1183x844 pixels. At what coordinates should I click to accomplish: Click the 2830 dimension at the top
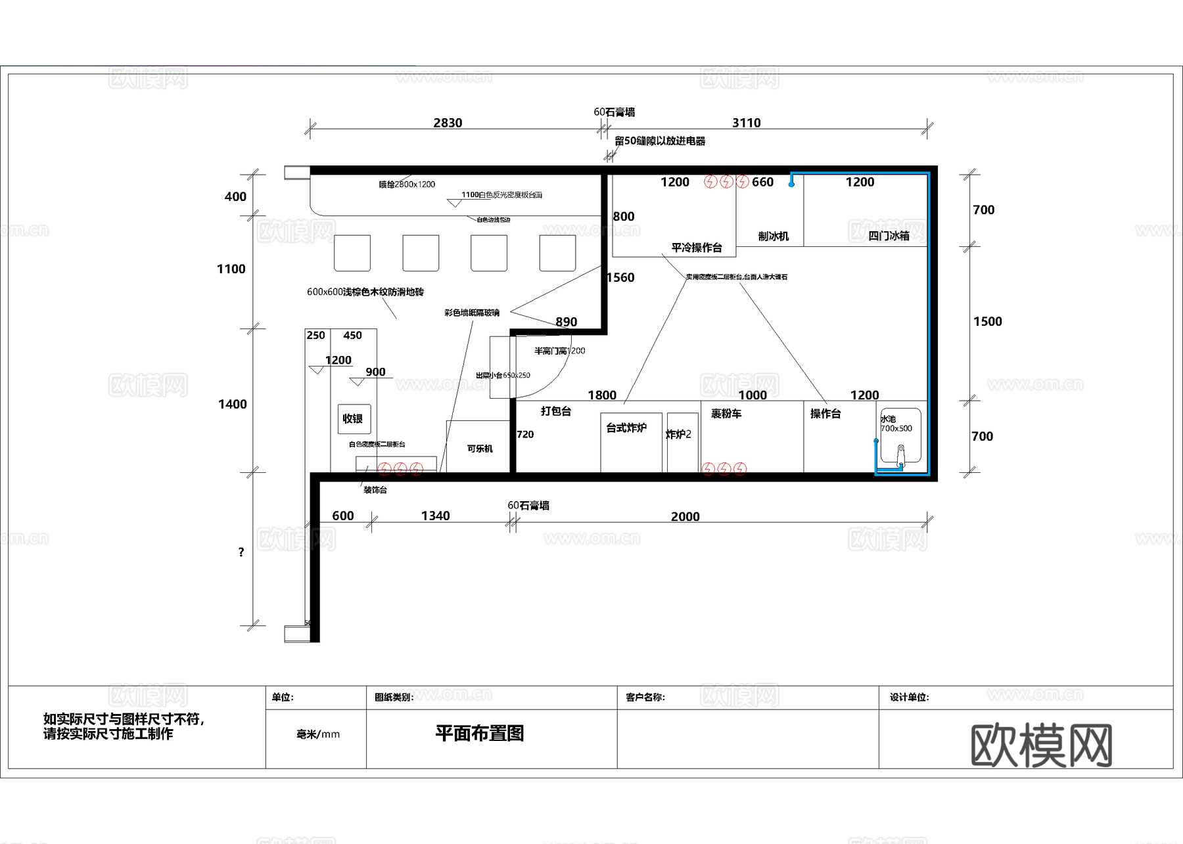(x=448, y=123)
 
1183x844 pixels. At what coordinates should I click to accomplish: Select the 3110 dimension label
(x=746, y=123)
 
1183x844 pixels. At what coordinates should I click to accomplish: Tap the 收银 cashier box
(x=353, y=418)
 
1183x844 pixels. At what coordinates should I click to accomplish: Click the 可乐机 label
(x=480, y=449)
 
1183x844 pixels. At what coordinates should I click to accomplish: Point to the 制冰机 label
(x=773, y=236)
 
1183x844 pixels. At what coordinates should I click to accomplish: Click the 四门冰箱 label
(x=889, y=236)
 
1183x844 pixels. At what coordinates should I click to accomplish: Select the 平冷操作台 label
(x=697, y=248)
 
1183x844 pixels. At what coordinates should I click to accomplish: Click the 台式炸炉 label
(x=626, y=428)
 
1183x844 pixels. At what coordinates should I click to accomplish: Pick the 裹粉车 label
(x=726, y=413)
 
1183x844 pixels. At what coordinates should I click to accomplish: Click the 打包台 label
(x=555, y=411)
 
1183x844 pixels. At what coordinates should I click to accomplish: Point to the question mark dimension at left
(x=241, y=552)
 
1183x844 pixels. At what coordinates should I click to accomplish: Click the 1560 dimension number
(x=621, y=277)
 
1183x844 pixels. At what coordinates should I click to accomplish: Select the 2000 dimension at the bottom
(x=685, y=516)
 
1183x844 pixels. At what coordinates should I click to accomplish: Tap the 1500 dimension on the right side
(x=987, y=321)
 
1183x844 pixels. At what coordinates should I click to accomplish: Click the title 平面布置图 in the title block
(x=479, y=733)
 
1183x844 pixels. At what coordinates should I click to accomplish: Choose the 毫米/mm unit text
(x=318, y=734)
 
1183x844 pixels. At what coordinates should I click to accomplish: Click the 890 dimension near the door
(x=566, y=322)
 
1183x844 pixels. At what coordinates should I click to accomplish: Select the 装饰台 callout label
(x=375, y=490)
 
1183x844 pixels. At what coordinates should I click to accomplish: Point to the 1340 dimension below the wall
(x=435, y=516)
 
